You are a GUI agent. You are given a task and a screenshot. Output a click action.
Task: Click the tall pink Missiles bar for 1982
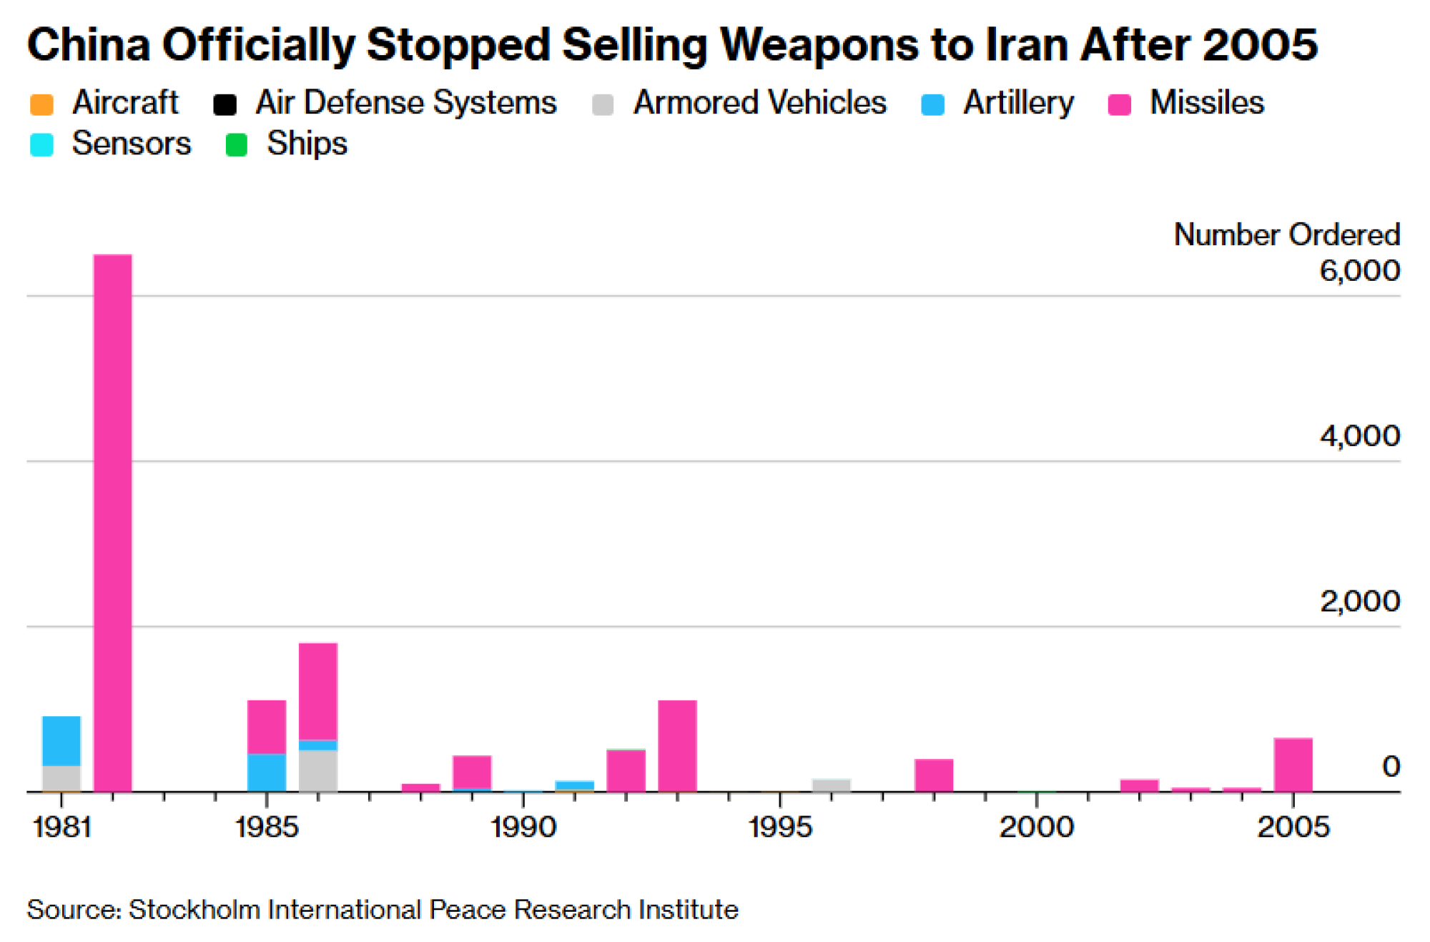(113, 522)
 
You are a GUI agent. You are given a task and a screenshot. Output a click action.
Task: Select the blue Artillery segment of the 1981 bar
(61, 740)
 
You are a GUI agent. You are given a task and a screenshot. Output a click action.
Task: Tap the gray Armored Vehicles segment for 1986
(318, 770)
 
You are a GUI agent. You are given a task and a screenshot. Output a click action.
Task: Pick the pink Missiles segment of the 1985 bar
(267, 727)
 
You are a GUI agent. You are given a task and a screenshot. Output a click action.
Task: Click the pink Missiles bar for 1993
(677, 745)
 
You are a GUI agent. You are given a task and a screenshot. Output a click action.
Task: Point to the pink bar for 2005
(1293, 764)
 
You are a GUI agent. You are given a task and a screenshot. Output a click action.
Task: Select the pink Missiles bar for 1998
(934, 775)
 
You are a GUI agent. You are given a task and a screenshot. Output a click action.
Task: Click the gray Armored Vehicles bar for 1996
(831, 785)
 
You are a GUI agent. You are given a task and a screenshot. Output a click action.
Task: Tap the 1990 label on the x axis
(523, 828)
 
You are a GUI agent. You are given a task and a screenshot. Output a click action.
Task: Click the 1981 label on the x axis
(61, 828)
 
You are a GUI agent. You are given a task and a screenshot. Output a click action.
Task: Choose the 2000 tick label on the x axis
(1036, 828)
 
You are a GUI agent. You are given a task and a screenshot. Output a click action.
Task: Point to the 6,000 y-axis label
(1358, 271)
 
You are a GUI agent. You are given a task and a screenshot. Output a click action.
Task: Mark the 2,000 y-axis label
(1358, 602)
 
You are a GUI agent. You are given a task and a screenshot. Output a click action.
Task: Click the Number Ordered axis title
(1286, 235)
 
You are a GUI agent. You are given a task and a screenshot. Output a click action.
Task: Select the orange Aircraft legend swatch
(42, 104)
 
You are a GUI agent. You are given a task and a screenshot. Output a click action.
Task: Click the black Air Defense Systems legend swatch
(225, 104)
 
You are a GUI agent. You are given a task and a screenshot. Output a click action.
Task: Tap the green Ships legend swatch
(237, 145)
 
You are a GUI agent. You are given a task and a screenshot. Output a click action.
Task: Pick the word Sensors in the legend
(132, 144)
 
